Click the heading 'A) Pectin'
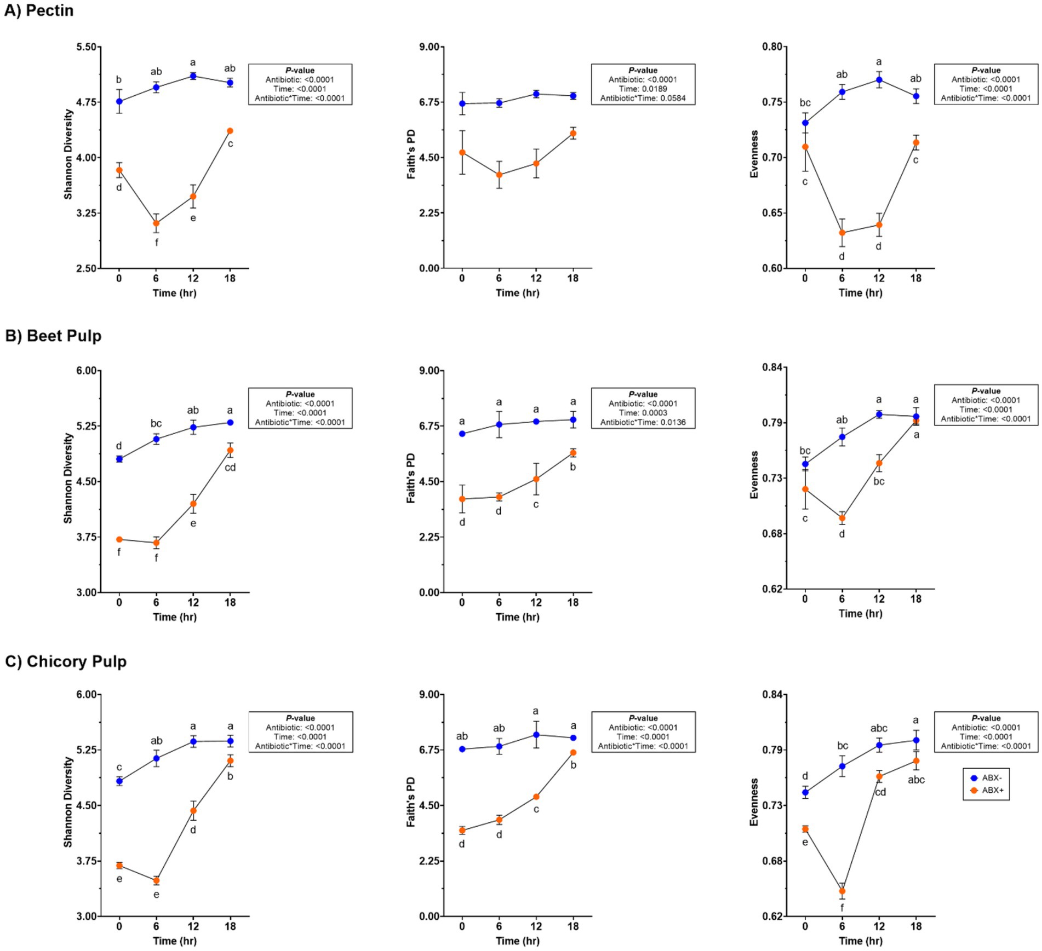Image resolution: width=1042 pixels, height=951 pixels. coord(39,11)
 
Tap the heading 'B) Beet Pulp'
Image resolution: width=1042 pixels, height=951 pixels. coord(53,336)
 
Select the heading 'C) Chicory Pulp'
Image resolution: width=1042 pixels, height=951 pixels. coord(66,661)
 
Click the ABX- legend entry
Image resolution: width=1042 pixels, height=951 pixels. coord(986,778)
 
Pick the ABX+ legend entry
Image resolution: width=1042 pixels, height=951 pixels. coord(986,791)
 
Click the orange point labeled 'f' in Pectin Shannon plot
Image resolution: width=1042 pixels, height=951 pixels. coord(156,223)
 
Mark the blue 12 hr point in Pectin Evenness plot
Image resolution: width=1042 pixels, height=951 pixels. coord(879,80)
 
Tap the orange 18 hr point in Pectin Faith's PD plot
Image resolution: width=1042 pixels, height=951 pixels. coord(573,134)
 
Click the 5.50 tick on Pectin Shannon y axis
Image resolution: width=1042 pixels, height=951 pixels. coord(88,47)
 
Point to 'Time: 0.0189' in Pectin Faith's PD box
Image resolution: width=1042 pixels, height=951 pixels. coord(643,89)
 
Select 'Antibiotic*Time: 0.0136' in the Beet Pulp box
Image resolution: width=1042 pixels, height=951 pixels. coord(643,422)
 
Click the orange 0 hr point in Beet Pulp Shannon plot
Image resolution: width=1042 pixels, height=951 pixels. coord(119,540)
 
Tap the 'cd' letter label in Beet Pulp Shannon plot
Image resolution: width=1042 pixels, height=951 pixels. coord(230,468)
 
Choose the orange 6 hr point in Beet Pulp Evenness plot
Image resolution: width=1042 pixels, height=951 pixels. coord(842,518)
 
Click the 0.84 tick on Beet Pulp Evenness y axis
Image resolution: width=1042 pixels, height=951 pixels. coord(772,367)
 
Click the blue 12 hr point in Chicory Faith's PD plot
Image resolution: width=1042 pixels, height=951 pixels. coord(536,735)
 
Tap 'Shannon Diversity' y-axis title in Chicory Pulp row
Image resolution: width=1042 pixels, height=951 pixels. coord(68,802)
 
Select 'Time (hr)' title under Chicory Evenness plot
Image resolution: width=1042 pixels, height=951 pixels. coord(860,941)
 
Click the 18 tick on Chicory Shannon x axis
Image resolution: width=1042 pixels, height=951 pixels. coord(230,926)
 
